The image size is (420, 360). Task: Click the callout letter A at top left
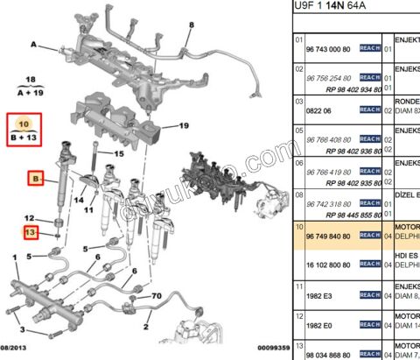[32, 44]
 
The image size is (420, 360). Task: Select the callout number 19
[184, 126]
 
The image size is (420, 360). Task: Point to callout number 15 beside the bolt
[119, 154]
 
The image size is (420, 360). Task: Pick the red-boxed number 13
[31, 232]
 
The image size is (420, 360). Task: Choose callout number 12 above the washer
[29, 218]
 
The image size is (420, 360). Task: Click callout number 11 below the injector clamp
[88, 210]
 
